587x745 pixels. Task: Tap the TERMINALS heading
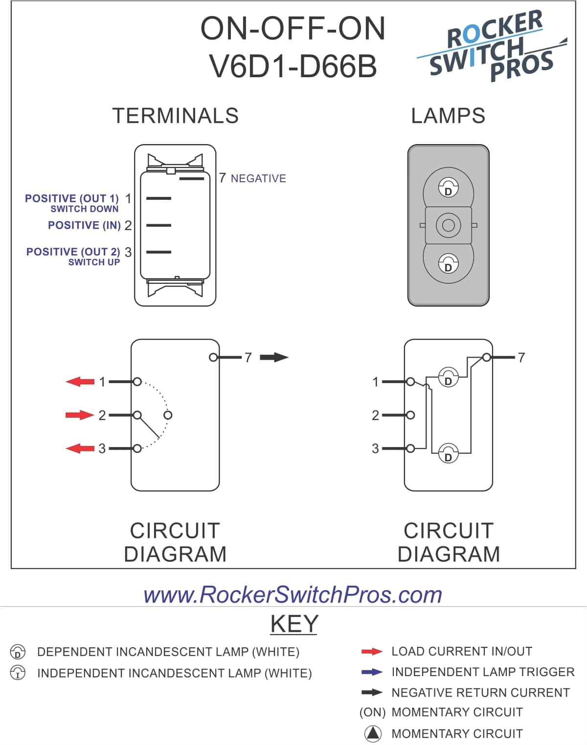click(x=176, y=116)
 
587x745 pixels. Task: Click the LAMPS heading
click(x=448, y=116)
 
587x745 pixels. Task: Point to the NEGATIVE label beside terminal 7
click(x=258, y=179)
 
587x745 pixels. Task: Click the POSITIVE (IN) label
click(x=84, y=225)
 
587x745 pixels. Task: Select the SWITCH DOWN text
click(x=85, y=209)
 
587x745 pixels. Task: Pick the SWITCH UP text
click(x=94, y=262)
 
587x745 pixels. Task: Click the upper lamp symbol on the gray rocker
click(x=448, y=188)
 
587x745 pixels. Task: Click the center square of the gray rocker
click(x=448, y=225)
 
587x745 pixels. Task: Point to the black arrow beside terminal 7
click(x=274, y=358)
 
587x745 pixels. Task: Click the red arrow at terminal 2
click(x=79, y=415)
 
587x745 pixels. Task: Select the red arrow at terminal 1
click(x=80, y=382)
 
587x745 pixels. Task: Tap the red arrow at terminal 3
click(x=80, y=448)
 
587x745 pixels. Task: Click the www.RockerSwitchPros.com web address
click(x=293, y=595)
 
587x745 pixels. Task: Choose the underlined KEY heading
click(x=293, y=624)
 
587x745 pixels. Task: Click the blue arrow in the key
click(x=372, y=672)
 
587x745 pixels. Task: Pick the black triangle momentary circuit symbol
click(x=373, y=733)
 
